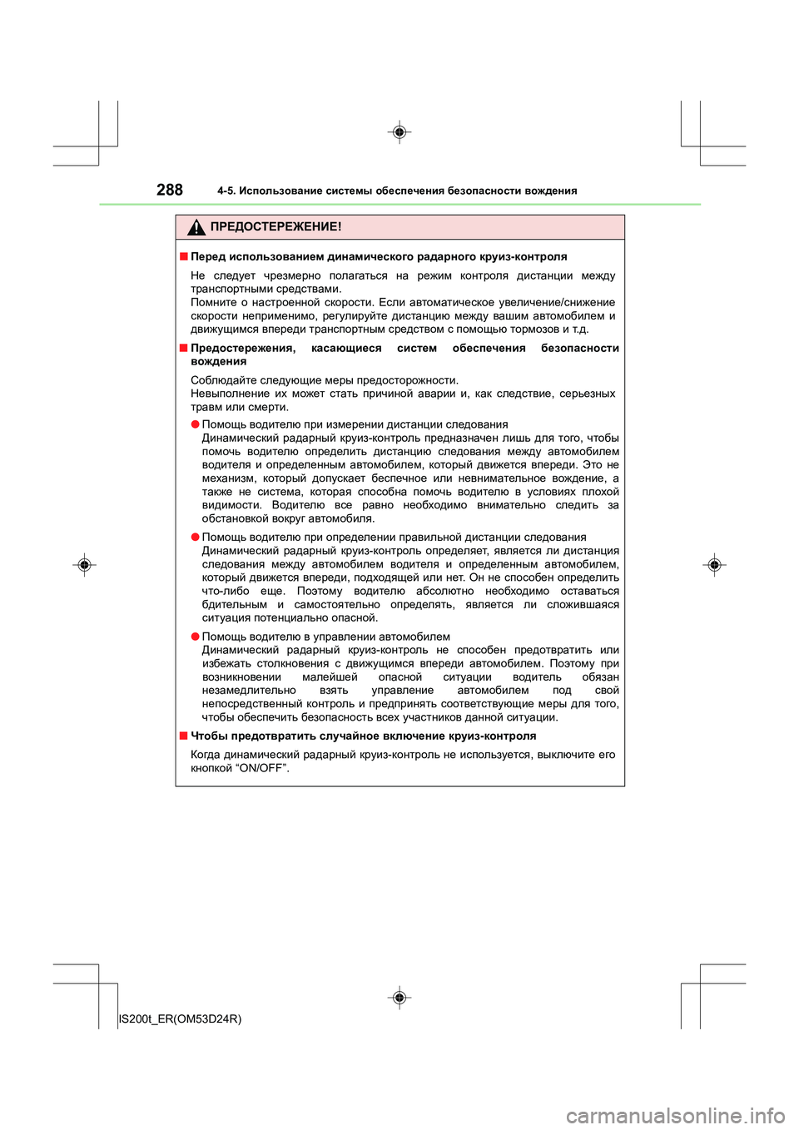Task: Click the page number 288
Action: (x=169, y=190)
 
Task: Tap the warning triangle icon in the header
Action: (x=196, y=227)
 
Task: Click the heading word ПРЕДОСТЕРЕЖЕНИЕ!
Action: (x=275, y=226)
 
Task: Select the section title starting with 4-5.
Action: (x=397, y=191)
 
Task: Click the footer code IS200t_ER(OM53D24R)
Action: (x=181, y=1018)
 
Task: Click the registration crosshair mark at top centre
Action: (x=399, y=132)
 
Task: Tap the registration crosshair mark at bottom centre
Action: (x=399, y=997)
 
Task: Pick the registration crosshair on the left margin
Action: (x=84, y=566)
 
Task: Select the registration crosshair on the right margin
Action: (x=714, y=565)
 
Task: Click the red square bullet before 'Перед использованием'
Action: (x=183, y=256)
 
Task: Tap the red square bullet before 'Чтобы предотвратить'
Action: (x=183, y=736)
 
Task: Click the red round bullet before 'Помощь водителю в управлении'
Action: (x=195, y=637)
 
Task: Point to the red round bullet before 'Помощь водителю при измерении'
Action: (x=195, y=424)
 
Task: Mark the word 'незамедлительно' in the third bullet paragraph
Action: (x=249, y=690)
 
